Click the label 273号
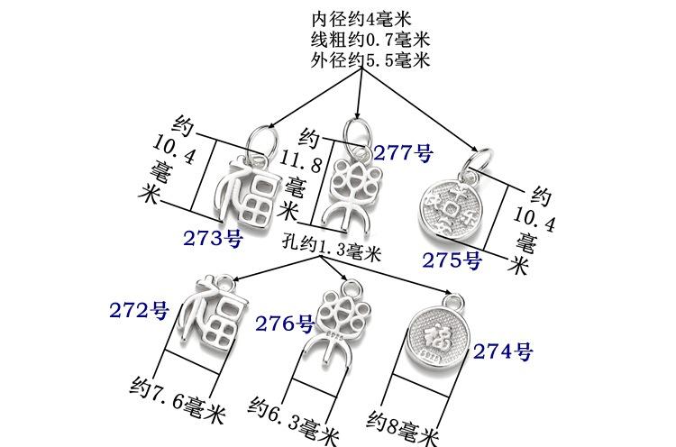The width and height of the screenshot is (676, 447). [x=213, y=240]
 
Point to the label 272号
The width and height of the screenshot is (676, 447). [x=140, y=312]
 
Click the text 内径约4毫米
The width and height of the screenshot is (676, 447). [x=361, y=18]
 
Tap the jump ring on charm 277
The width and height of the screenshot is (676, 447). [x=358, y=128]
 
